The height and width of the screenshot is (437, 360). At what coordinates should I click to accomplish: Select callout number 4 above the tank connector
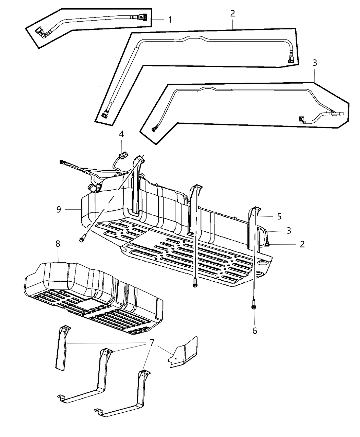point(121,134)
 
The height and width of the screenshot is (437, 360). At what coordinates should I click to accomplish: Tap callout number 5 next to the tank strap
point(279,216)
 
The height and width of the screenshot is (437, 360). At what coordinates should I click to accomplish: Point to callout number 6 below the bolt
point(254,331)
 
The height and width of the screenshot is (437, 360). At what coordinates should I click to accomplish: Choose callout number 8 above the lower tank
point(58,244)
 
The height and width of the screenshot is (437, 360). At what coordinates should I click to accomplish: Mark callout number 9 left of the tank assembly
point(59,209)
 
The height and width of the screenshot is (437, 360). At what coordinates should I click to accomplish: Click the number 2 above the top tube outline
point(232,14)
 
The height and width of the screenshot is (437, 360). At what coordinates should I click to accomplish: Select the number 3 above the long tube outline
point(315,63)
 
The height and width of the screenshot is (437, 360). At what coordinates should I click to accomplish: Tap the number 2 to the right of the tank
point(302,244)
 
